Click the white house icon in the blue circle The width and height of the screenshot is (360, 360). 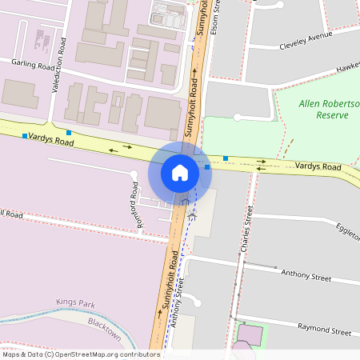pyautogui.click(x=180, y=172)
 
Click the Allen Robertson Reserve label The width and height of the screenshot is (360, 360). pyautogui.click(x=328, y=110)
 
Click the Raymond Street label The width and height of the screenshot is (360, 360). pyautogui.click(x=324, y=330)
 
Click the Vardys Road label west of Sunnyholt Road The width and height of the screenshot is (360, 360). pyautogui.click(x=50, y=140)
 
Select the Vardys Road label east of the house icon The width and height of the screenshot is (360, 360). pyautogui.click(x=318, y=166)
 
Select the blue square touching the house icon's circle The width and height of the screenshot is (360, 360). pyautogui.click(x=207, y=167)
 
